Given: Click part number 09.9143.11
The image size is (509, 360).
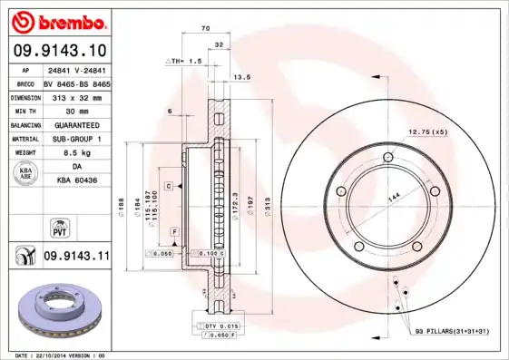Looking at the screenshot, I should (x=76, y=257).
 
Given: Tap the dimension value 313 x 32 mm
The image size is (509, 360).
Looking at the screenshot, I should (x=76, y=95).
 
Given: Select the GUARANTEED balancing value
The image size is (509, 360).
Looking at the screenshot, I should (x=76, y=124).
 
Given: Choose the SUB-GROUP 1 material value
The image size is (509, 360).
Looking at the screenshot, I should (x=76, y=139).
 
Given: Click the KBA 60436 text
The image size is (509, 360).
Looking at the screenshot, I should (x=76, y=181).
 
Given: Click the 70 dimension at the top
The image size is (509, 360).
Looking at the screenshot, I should (x=206, y=29).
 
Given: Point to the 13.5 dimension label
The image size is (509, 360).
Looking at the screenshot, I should (x=241, y=78).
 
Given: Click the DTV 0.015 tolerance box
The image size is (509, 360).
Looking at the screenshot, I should (x=220, y=326).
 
